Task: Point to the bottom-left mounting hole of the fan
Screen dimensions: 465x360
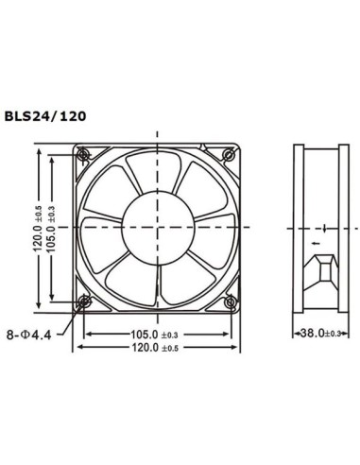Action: (85, 301)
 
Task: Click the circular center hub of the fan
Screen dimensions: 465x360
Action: (157, 227)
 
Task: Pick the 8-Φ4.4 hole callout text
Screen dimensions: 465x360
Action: (33, 335)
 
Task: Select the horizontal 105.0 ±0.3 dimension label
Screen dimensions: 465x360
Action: (156, 335)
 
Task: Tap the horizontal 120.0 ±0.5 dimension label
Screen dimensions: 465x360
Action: (156, 349)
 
